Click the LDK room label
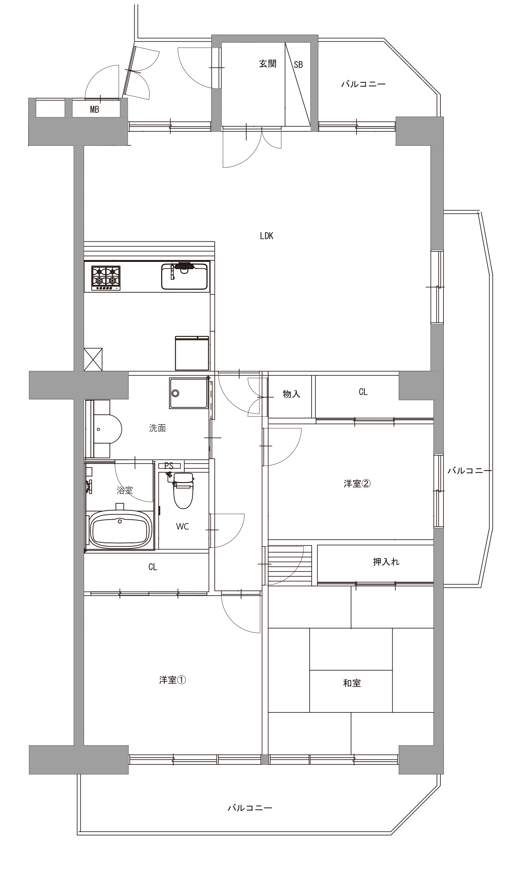point(267,236)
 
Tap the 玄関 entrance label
point(268,64)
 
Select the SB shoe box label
point(298,64)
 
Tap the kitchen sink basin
point(184,277)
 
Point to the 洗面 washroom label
point(157,428)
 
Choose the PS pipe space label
point(169,466)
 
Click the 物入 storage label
point(291,394)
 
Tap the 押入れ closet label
point(386,562)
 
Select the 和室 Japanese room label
point(352,683)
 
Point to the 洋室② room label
point(357,484)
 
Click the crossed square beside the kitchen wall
point(93,359)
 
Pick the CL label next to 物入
point(363,392)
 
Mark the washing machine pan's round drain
point(175,393)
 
